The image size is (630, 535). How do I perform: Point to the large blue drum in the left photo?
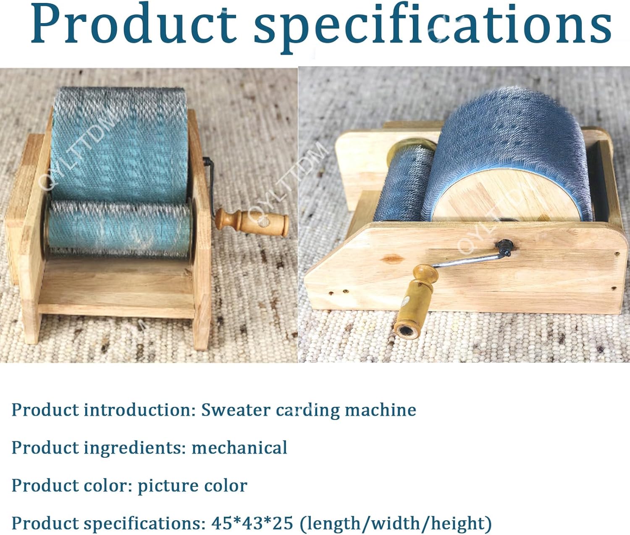click(120, 143)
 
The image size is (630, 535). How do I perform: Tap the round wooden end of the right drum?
click(502, 198)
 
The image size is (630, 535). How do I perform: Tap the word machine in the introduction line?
click(381, 410)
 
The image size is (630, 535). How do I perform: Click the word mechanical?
click(239, 448)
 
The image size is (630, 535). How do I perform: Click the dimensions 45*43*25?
click(252, 523)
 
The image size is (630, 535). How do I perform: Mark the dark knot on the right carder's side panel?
click(393, 258)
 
